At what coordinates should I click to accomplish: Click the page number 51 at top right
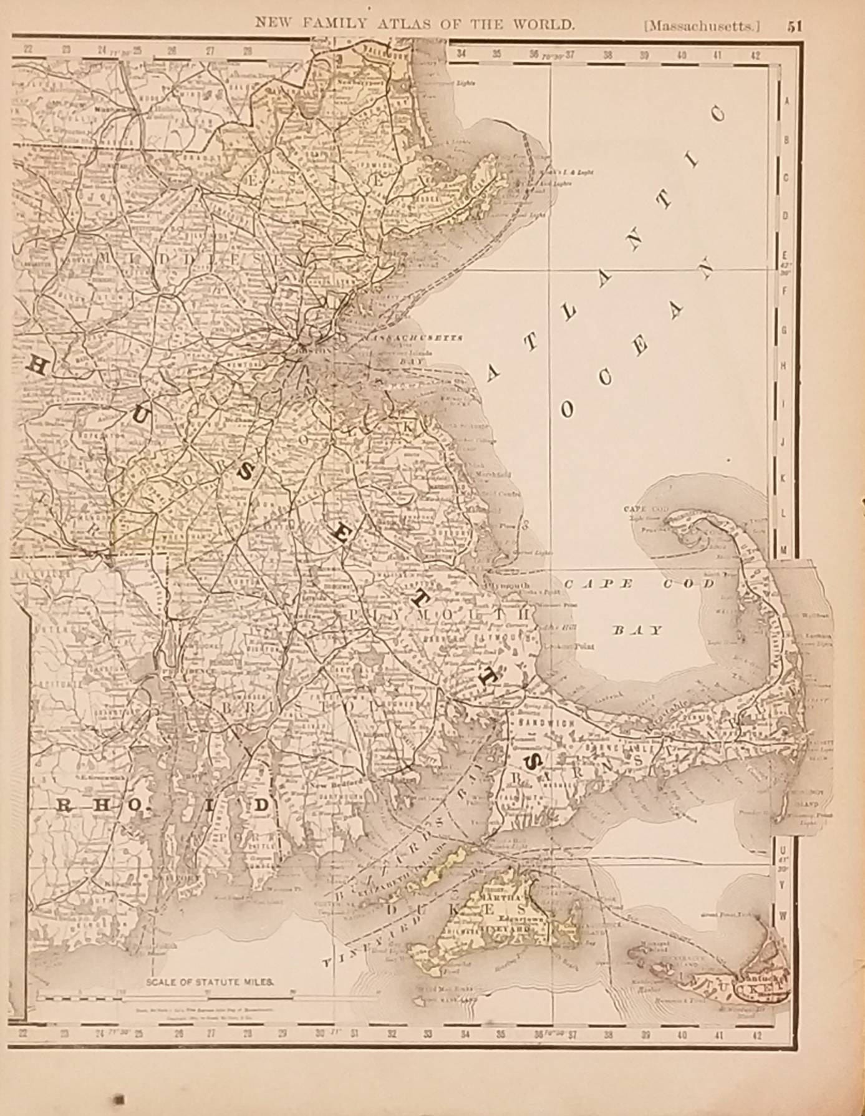(794, 26)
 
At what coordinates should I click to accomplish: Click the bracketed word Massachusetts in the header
(703, 26)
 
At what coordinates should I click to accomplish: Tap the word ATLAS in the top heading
(406, 24)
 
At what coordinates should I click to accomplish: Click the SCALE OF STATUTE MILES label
(210, 981)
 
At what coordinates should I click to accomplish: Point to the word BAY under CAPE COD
(637, 630)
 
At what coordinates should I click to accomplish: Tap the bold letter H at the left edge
(37, 367)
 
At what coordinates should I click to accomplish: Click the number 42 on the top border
(755, 55)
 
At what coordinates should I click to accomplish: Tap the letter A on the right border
(786, 101)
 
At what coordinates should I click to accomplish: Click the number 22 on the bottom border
(23, 1033)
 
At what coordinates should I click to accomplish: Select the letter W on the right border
(784, 915)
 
